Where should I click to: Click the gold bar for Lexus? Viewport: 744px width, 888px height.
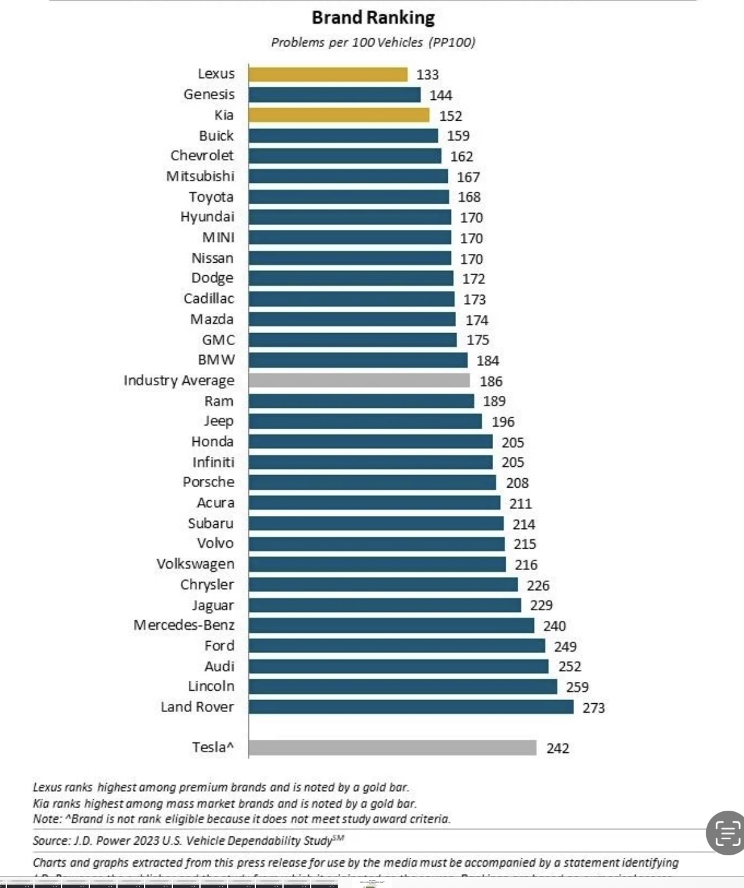coord(328,74)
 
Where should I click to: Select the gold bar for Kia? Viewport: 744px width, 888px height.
coord(338,115)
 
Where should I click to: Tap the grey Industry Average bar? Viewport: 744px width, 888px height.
coord(358,380)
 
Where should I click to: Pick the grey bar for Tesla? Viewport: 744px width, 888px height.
coord(392,747)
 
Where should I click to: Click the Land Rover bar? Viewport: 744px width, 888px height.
coord(411,707)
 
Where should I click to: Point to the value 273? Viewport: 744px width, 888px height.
coord(593,708)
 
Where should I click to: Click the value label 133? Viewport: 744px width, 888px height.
coord(428,74)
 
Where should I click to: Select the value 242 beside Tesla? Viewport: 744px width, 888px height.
coord(558,748)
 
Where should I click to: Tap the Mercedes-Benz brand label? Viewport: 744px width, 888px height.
coord(184,625)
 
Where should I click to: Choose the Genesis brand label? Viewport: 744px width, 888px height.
coord(209,94)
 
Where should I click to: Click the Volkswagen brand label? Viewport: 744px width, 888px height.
coord(195,564)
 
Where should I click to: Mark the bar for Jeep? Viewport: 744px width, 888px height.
coord(365,421)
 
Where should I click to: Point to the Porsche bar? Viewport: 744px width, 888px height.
coord(372,482)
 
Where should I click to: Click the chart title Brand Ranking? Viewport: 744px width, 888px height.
coord(373,18)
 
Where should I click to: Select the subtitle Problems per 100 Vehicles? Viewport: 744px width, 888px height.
coord(373,42)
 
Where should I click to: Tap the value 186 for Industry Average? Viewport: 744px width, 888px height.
coord(491,381)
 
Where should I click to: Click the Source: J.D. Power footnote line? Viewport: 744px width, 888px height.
coord(188,840)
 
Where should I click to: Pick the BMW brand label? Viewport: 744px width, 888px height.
coord(216,360)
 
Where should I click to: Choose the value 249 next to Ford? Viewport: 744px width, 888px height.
coord(565,646)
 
